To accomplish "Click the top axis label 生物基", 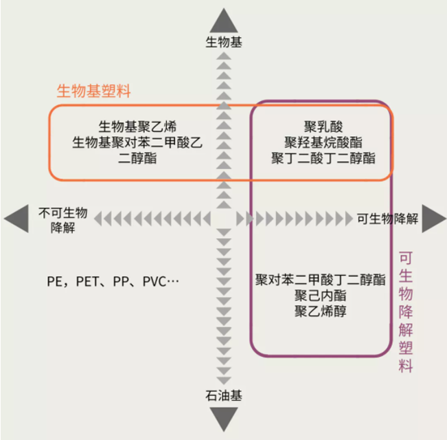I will [224, 43].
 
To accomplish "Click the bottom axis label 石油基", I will [224, 396].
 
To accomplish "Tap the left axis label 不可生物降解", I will [62, 219].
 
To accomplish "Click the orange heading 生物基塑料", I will [93, 91].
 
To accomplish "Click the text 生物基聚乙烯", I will [138, 126].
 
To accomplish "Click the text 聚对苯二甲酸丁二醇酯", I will [320, 280].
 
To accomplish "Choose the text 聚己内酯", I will [320, 296].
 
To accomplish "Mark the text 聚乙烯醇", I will [320, 312].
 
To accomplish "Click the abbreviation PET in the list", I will [88, 282].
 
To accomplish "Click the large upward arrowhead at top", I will [224, 20].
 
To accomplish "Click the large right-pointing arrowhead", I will [433, 219].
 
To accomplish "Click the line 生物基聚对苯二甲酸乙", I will [138, 142].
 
